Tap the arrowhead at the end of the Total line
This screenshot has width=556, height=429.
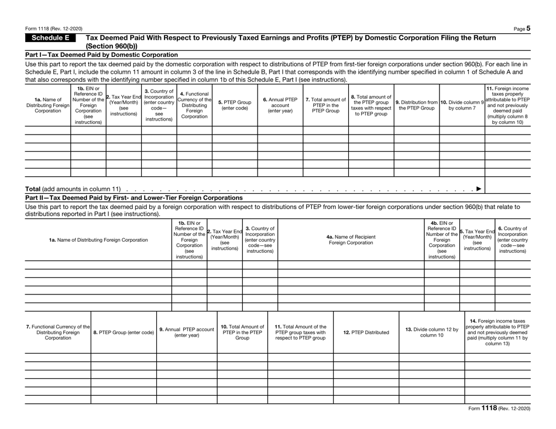(479, 189)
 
